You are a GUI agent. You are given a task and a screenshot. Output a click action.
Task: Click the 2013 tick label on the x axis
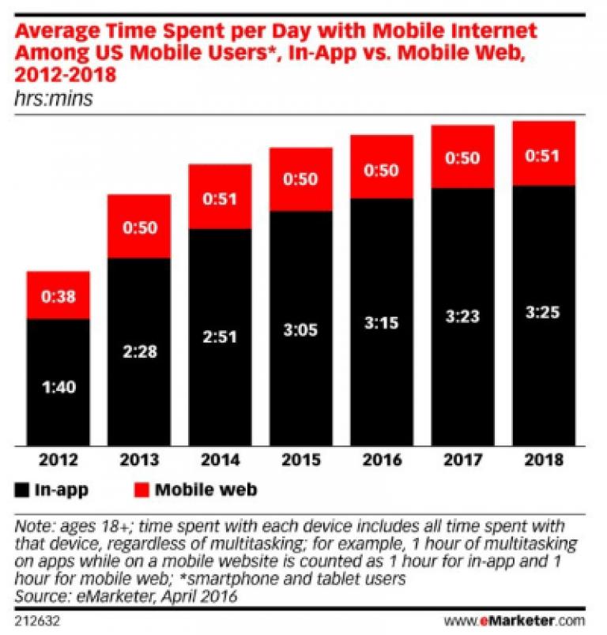click(x=139, y=459)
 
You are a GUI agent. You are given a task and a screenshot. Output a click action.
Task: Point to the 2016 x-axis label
click(x=382, y=459)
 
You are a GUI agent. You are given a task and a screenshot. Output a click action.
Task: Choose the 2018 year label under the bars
click(x=544, y=459)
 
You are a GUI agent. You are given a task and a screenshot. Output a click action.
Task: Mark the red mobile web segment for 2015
click(x=300, y=179)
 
